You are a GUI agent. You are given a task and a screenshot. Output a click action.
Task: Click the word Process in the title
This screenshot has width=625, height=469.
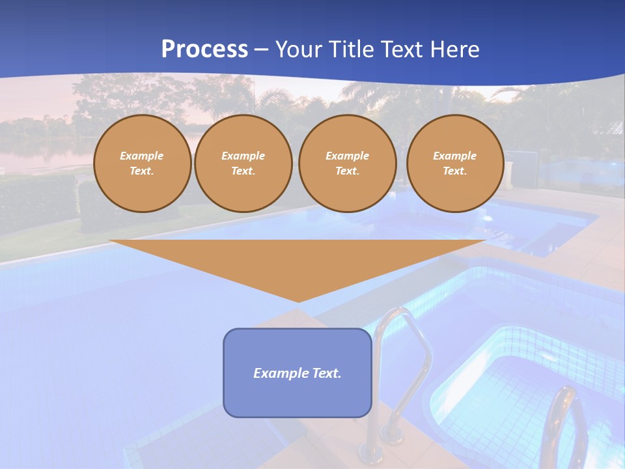[x=204, y=50]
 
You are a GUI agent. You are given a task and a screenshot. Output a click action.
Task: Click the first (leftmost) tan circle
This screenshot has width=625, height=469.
[x=142, y=163]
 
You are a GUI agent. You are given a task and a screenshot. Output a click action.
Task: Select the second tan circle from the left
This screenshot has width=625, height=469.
[x=243, y=163]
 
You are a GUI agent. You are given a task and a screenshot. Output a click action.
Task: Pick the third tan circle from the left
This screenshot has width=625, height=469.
[x=347, y=163]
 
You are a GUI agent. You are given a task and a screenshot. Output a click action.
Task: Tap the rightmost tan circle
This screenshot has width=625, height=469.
[x=454, y=163]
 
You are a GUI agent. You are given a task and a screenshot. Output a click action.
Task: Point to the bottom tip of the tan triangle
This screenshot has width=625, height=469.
[x=298, y=301]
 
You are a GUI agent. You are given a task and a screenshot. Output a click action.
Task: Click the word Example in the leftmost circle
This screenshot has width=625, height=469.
[x=142, y=156]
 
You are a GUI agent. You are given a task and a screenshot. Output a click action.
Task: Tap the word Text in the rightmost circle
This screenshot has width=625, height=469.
[x=454, y=171]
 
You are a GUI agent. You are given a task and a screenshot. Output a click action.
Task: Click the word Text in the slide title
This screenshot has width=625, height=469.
[x=400, y=50]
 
